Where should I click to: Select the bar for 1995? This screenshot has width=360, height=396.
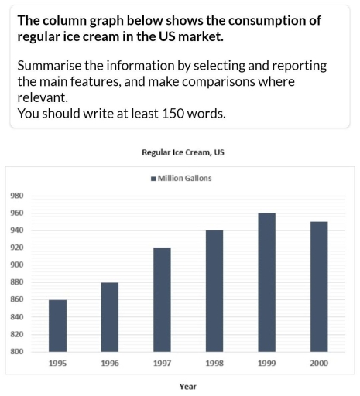point(57,326)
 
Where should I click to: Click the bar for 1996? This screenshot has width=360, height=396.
point(110,317)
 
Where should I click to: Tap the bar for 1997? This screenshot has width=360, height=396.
point(162,299)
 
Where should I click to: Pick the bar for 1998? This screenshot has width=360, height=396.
point(214,291)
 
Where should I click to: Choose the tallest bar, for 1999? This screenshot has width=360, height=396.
point(266,282)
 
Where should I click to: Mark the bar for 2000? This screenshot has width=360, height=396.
point(318,287)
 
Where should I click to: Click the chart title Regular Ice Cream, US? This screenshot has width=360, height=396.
point(183,152)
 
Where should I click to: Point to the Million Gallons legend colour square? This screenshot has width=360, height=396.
point(153,179)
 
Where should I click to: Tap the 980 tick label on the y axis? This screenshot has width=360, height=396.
point(17,196)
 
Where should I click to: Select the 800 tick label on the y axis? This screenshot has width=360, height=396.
point(17,352)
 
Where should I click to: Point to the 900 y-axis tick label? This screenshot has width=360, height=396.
point(17,265)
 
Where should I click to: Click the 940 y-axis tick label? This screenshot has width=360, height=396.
point(17,230)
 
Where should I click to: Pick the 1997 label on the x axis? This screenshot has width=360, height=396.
point(162,363)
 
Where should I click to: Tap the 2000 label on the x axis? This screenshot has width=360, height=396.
point(318,363)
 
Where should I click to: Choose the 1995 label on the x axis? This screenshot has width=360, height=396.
point(57,363)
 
